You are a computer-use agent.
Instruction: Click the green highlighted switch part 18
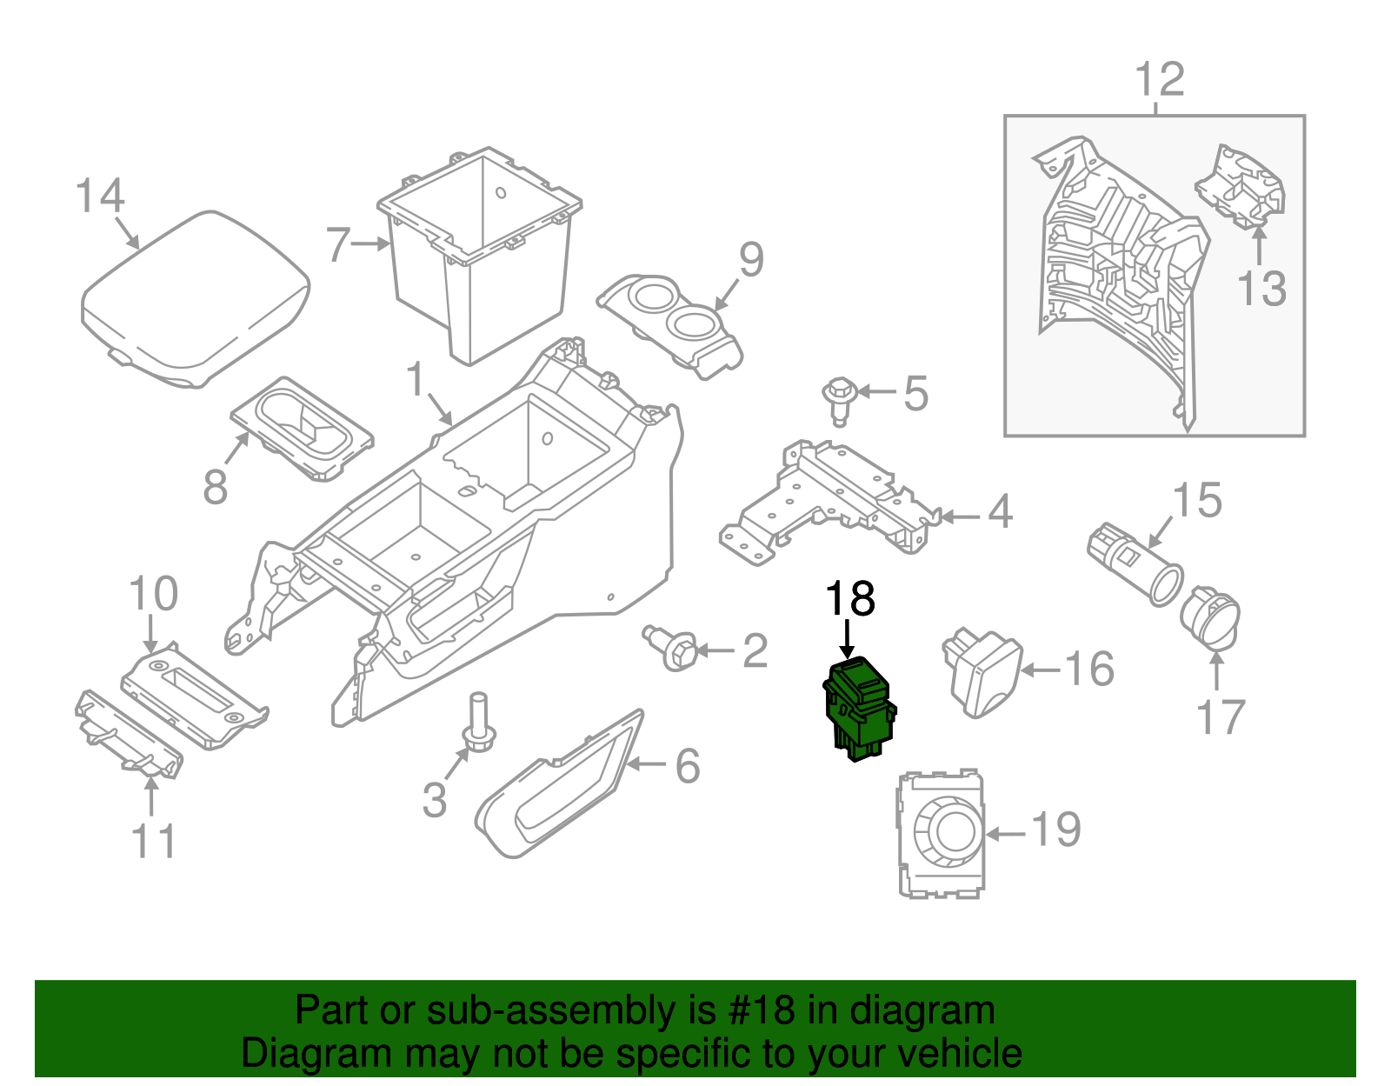click(x=859, y=709)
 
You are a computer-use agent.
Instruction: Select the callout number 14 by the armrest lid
click(x=100, y=197)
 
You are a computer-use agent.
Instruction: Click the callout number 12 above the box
click(x=1160, y=80)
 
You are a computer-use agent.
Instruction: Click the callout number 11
click(x=153, y=841)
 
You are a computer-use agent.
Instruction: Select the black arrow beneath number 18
click(x=848, y=639)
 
